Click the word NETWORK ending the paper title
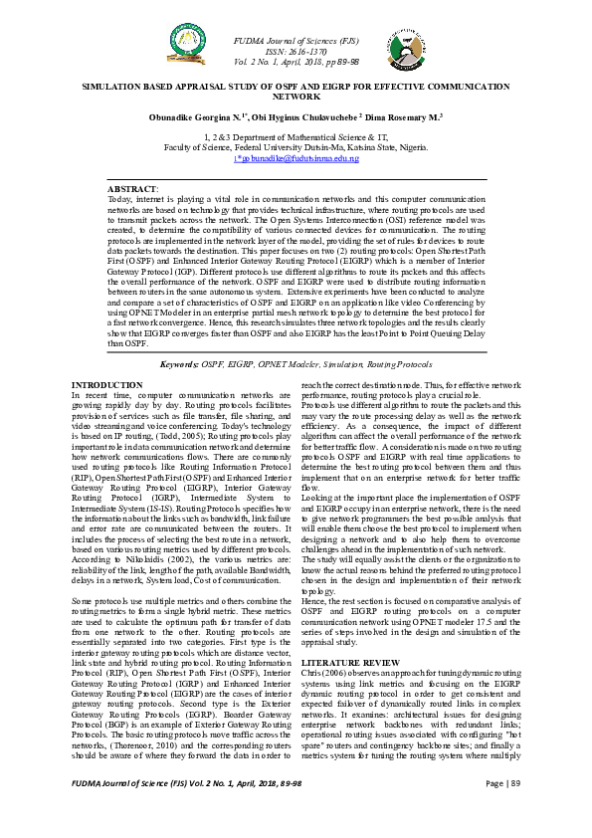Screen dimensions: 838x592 [296, 98]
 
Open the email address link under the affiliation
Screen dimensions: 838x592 [296, 158]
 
